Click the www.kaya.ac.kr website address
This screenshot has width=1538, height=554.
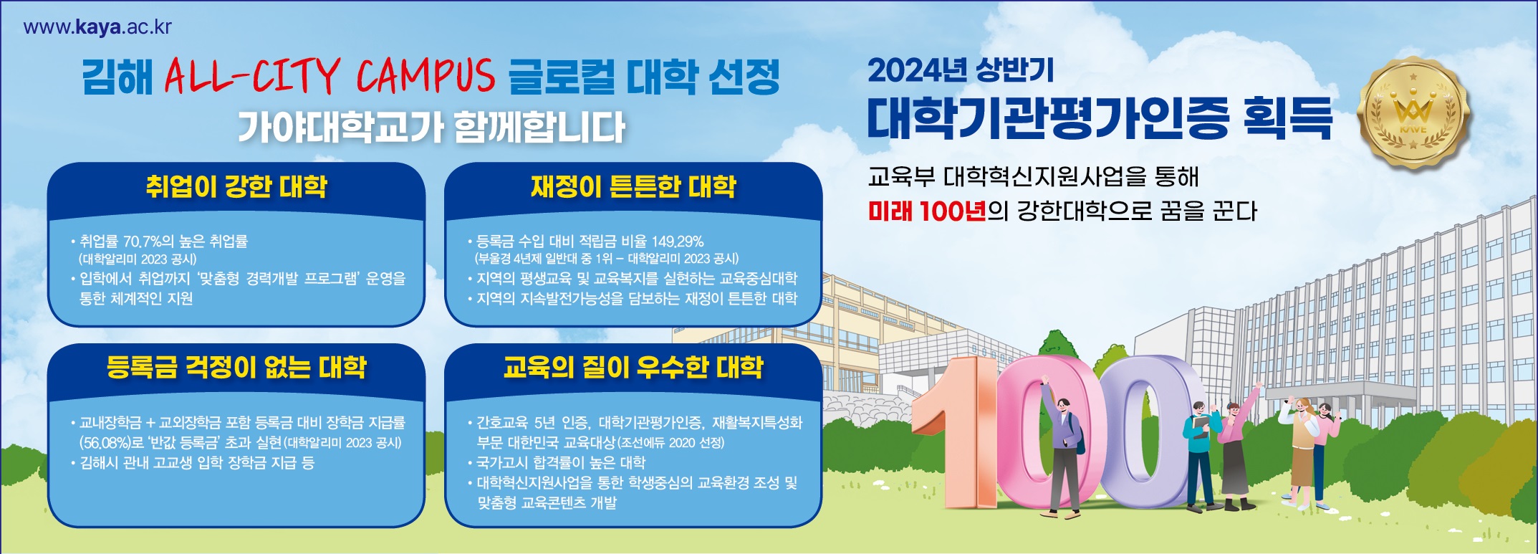coord(97,27)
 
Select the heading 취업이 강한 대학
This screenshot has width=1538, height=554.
coord(236,186)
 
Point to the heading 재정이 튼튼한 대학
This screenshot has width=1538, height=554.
coord(633,186)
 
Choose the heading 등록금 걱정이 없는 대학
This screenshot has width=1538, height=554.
coord(236,367)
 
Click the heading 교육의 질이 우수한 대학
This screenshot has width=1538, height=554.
coord(633,367)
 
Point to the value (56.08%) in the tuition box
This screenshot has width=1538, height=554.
coord(105,442)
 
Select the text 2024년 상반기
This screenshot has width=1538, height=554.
coord(961,70)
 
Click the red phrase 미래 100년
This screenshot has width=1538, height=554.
coord(927,211)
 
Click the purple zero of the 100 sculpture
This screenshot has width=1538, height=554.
coord(1146,430)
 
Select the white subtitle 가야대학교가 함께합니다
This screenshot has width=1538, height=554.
coord(432,128)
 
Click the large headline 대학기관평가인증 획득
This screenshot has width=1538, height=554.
coord(1100,118)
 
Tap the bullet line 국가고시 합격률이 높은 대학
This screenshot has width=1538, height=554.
coord(561,462)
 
